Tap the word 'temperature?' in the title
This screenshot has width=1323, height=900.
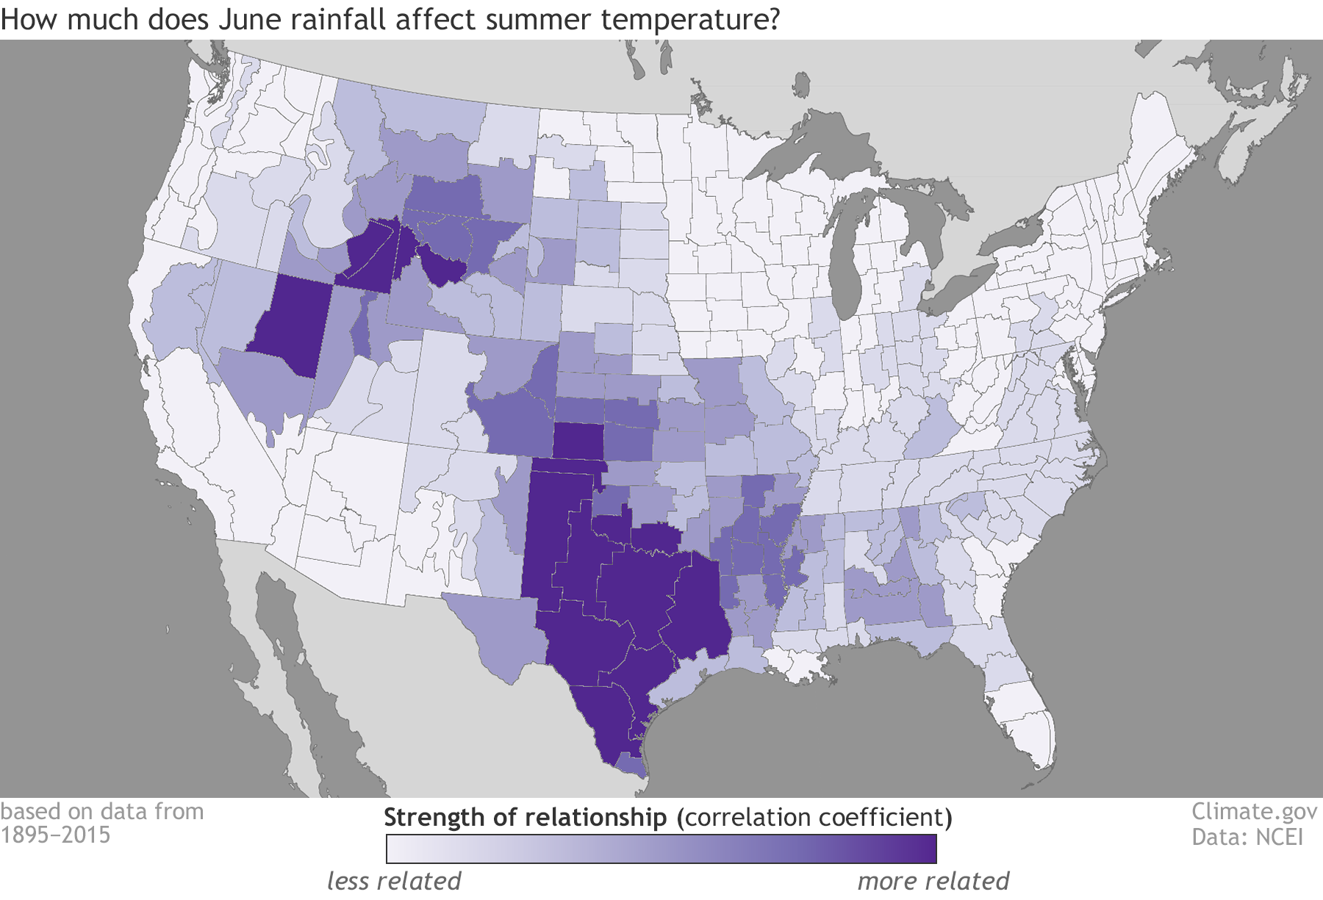689,19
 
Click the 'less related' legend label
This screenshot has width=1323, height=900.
394,880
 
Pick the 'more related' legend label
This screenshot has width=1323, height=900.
933,880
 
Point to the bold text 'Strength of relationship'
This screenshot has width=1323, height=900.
525,817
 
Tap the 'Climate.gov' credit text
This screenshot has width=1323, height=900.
1254,811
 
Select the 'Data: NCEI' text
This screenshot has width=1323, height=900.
1247,836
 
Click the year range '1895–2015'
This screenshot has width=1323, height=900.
55,835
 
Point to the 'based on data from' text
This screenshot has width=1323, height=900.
102,811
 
